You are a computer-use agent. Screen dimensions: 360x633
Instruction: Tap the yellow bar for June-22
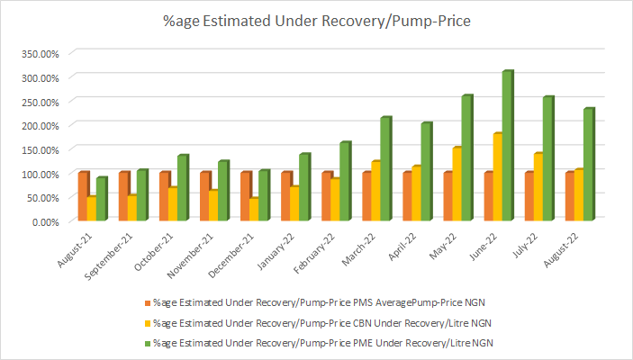click(497, 177)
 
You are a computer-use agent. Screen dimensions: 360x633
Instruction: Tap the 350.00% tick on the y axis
click(39, 53)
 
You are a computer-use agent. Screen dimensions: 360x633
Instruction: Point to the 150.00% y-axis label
click(39, 149)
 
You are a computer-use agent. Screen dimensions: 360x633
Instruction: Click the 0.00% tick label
click(42, 221)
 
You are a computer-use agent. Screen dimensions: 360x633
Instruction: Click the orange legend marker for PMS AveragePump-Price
click(147, 302)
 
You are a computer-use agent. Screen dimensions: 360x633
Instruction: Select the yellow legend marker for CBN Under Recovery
click(147, 322)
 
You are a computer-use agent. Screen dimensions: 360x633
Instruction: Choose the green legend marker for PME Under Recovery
click(147, 342)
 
